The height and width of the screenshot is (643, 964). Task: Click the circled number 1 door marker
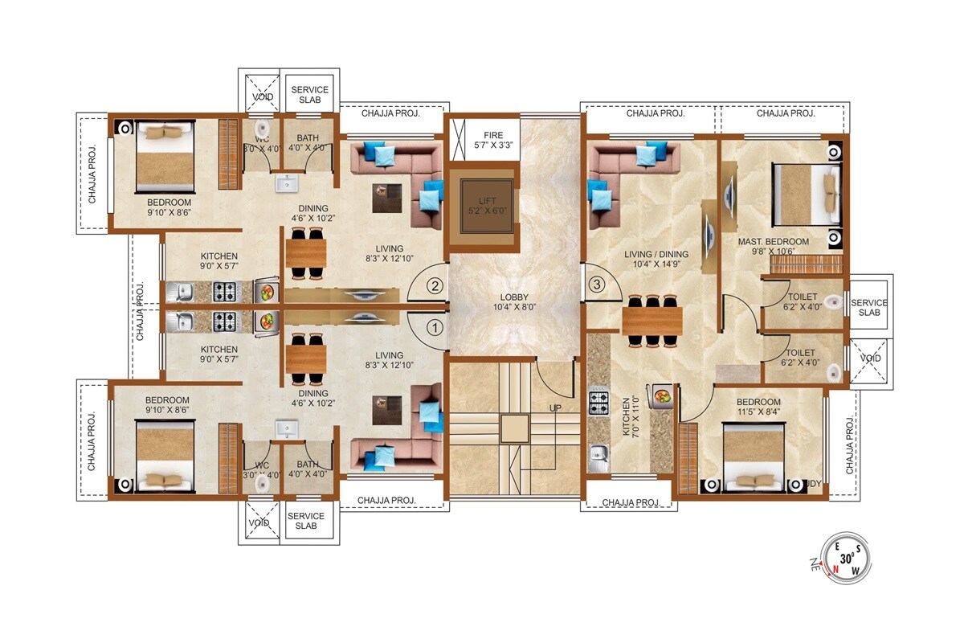434,327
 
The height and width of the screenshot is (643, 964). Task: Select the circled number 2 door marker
434,285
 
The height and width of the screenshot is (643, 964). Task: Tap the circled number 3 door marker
596,284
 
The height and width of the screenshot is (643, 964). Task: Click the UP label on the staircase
555,408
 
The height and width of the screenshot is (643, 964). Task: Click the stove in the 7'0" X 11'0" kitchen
599,401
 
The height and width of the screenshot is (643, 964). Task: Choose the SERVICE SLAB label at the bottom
306,521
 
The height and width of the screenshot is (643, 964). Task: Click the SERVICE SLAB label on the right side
869,308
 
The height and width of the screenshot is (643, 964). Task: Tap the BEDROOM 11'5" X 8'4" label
758,408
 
